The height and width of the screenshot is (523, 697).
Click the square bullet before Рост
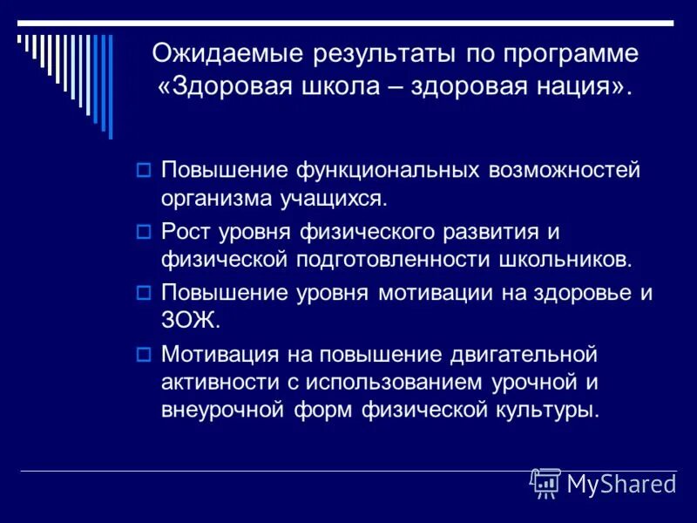(x=145, y=231)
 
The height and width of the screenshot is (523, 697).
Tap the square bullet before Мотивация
(x=145, y=354)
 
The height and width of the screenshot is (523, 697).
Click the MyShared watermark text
(x=622, y=484)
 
